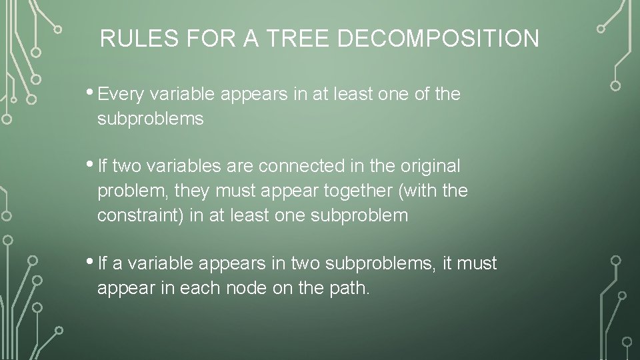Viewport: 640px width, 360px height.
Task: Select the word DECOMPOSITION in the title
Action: [438, 39]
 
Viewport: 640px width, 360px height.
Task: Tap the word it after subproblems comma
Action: [447, 264]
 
